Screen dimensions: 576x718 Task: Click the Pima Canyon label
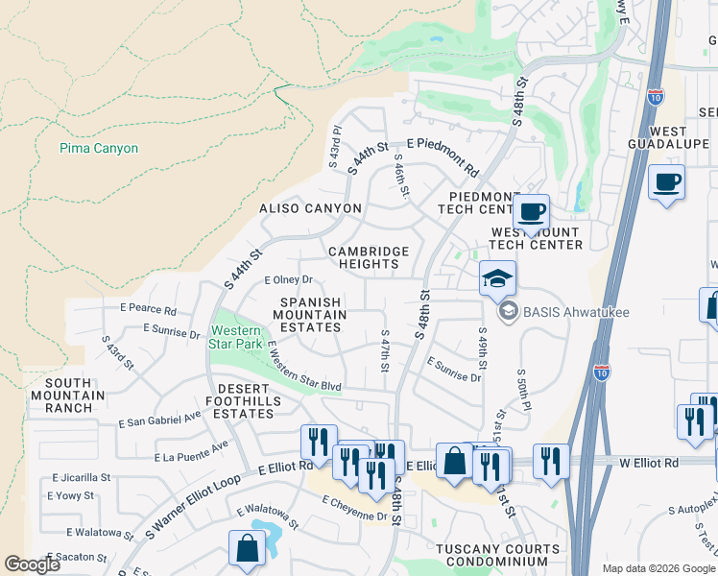pyautogui.click(x=99, y=149)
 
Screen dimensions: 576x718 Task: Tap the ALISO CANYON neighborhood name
pyautogui.click(x=310, y=208)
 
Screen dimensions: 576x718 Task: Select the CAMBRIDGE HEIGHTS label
pyautogui.click(x=369, y=258)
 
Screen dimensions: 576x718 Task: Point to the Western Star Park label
pyautogui.click(x=236, y=336)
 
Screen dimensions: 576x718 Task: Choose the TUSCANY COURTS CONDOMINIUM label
pyautogui.click(x=485, y=555)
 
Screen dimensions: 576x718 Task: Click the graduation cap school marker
pyautogui.click(x=497, y=278)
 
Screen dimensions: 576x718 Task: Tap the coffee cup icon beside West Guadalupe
pyautogui.click(x=666, y=181)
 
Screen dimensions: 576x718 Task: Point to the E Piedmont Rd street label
pyautogui.click(x=443, y=156)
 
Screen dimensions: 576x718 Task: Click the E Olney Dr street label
pyautogui.click(x=289, y=280)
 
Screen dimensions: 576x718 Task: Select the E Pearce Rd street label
pyautogui.click(x=148, y=310)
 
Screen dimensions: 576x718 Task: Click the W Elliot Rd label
pyautogui.click(x=648, y=462)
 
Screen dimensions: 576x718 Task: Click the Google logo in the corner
pyautogui.click(x=32, y=564)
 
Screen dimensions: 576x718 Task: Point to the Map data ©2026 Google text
pyautogui.click(x=658, y=568)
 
